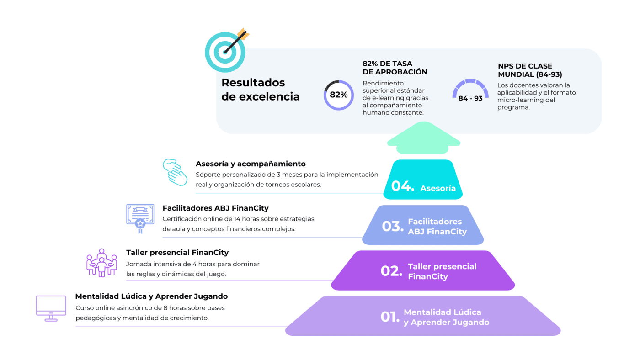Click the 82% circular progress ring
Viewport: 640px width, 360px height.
coord(339,95)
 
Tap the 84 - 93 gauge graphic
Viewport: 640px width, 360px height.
coord(470,90)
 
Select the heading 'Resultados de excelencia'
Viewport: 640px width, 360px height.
coord(261,90)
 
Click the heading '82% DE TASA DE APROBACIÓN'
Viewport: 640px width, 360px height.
coord(395,68)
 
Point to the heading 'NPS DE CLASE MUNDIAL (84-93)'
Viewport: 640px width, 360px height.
coord(530,70)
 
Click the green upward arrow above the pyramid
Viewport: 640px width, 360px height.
coord(423,138)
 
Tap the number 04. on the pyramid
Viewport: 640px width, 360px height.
coord(403,186)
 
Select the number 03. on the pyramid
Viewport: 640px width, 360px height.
coord(393,226)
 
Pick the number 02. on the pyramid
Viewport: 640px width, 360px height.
coord(391,271)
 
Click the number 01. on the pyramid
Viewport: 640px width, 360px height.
coord(390,317)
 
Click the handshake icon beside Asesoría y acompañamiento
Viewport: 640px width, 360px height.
coord(175,172)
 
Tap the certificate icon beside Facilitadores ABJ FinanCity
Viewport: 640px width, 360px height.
coord(140,218)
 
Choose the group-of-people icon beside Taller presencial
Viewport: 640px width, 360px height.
coord(101,263)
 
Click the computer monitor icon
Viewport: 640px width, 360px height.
coord(51,308)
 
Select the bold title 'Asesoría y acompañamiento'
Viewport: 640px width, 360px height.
coord(251,164)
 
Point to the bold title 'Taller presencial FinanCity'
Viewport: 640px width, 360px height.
coord(177,252)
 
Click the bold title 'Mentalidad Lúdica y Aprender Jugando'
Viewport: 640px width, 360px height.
coord(151,296)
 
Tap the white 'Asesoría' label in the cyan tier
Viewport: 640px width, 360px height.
coord(438,188)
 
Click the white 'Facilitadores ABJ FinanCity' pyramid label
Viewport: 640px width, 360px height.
coord(437,227)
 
